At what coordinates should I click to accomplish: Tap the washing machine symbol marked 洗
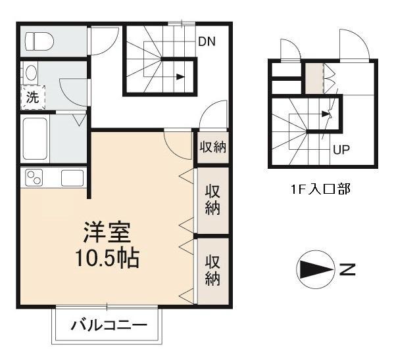click(32, 97)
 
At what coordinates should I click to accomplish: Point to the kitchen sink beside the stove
click(72, 178)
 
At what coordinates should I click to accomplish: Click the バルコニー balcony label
click(107, 324)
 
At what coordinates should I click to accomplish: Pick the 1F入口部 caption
click(320, 191)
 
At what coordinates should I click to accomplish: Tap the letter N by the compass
click(347, 269)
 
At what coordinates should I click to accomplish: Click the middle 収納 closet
click(212, 200)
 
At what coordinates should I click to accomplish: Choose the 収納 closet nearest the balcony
click(212, 269)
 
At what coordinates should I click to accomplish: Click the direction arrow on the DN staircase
click(179, 77)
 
